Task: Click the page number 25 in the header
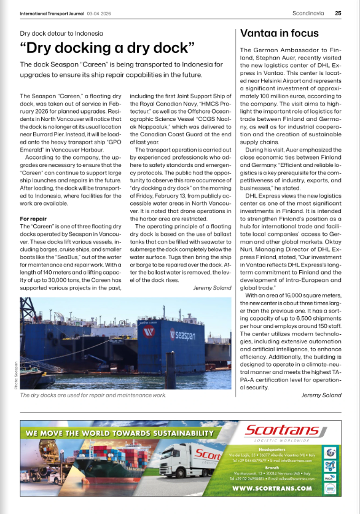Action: (338, 12)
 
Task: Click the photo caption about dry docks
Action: (93, 395)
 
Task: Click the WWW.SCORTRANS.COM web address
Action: (272, 488)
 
